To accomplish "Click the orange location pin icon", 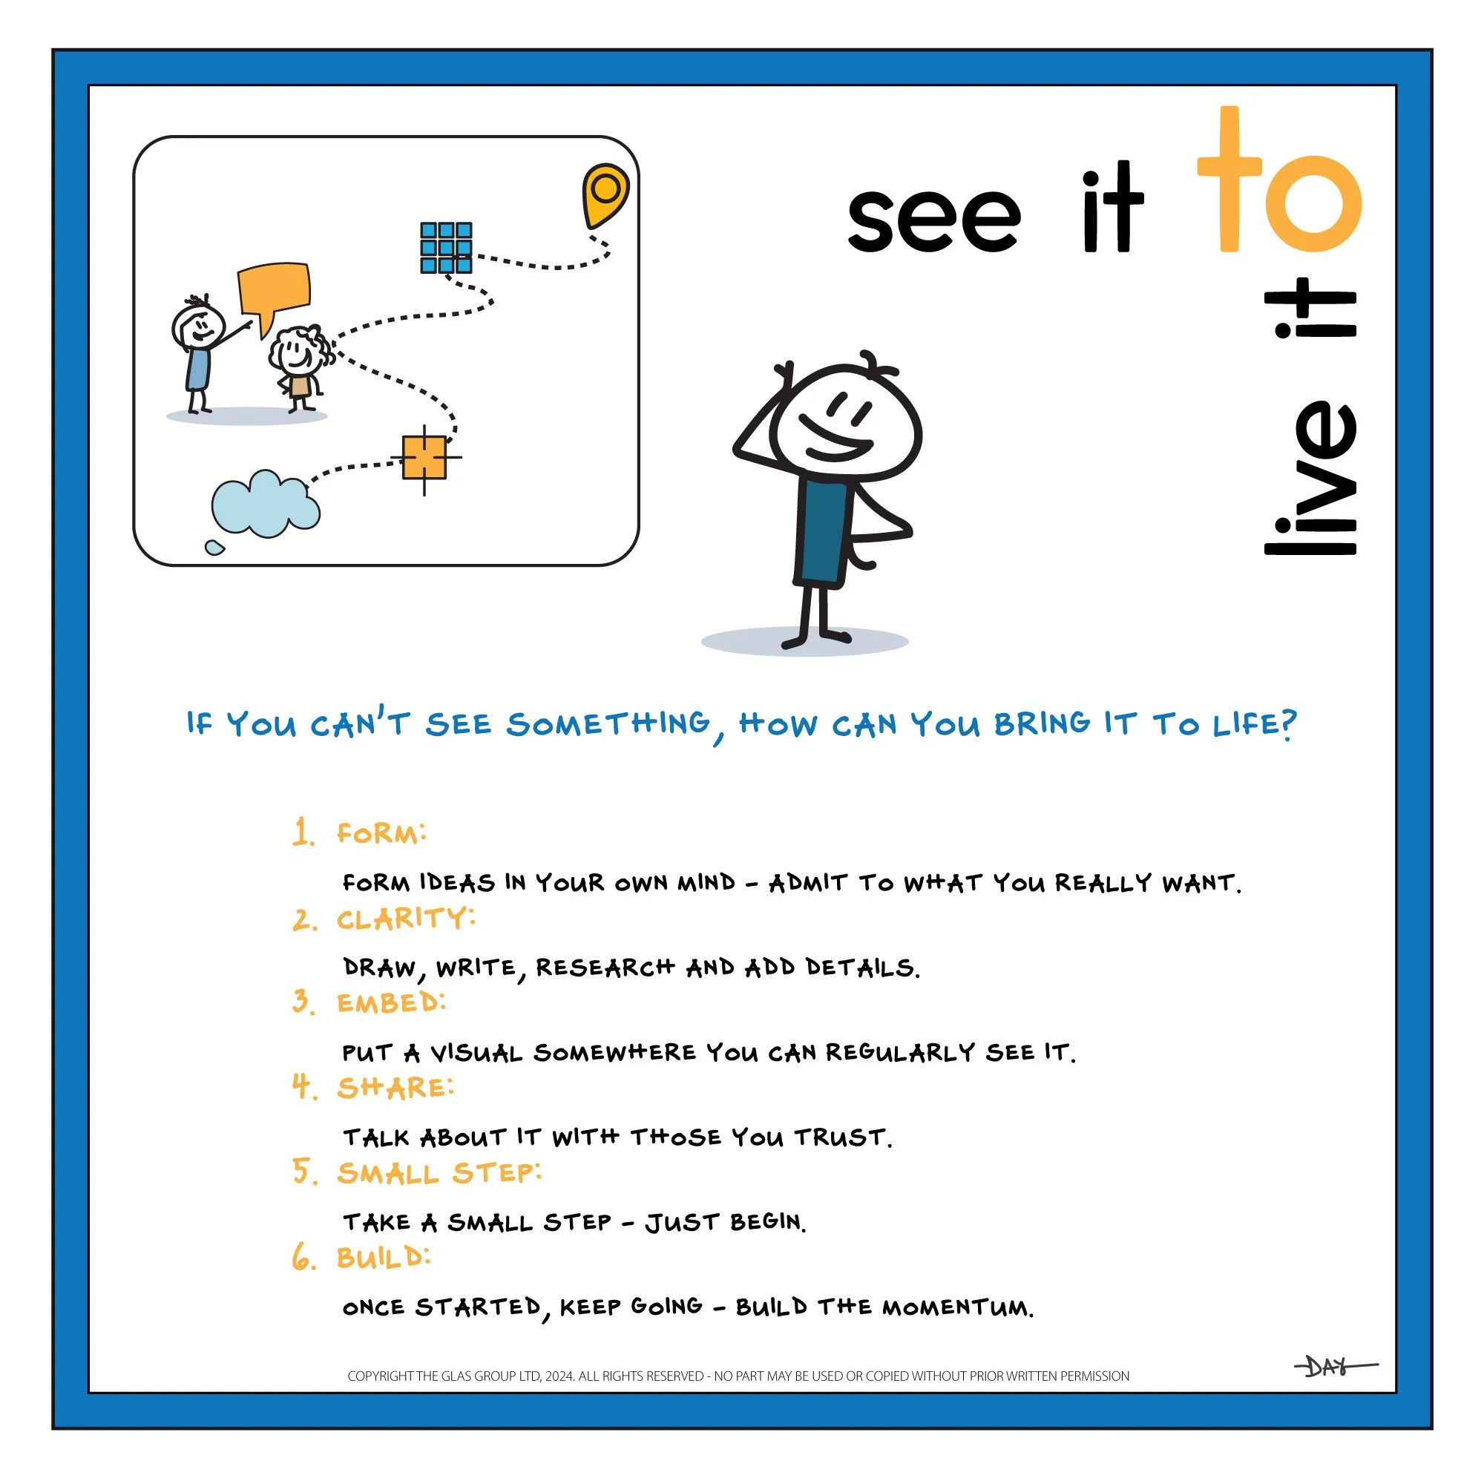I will click(605, 192).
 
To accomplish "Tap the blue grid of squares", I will click(445, 247).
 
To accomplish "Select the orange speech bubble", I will click(274, 290).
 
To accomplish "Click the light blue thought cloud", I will click(264, 505).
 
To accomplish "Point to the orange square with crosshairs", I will click(424, 458).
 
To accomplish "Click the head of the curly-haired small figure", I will click(296, 352).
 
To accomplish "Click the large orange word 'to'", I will click(1278, 184).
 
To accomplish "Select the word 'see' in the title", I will click(933, 219).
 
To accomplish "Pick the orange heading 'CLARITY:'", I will click(406, 919).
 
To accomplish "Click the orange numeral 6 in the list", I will click(303, 1259).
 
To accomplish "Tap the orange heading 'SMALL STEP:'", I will click(439, 1174).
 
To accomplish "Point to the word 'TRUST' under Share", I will click(842, 1137).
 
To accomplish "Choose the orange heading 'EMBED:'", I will click(390, 1003).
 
